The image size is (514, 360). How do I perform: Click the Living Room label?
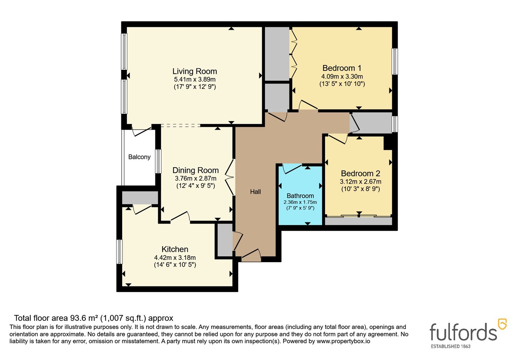[x=195, y=71]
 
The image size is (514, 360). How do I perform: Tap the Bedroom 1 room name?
[x=342, y=68]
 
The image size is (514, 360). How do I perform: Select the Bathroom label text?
[x=300, y=196]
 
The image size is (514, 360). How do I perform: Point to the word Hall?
[x=255, y=192]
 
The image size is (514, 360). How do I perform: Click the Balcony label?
[x=139, y=157]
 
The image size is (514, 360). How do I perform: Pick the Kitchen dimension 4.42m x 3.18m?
[x=175, y=258]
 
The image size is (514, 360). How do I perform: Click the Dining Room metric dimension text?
[x=195, y=178]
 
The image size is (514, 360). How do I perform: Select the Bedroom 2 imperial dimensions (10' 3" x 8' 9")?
[x=361, y=189]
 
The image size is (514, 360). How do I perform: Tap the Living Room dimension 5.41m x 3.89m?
[x=195, y=80]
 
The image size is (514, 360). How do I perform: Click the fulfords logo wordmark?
[x=463, y=332]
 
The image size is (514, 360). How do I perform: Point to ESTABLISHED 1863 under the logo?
[x=450, y=346]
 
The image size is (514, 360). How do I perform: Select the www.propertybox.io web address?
[x=343, y=341]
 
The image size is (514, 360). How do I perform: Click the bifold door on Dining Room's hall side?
[x=230, y=177]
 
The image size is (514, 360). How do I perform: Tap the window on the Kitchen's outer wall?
[x=119, y=252]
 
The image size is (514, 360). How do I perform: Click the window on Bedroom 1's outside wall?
[x=394, y=61]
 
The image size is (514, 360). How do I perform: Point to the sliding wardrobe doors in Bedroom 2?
[x=359, y=216]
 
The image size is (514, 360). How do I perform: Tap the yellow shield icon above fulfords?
[x=502, y=324]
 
